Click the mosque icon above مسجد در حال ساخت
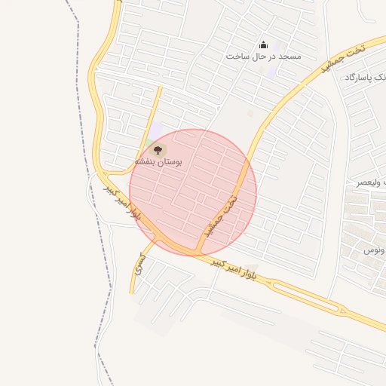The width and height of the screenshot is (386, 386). (263, 45)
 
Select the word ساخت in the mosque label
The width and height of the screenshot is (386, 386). (238, 57)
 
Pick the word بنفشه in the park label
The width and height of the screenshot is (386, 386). (146, 162)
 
